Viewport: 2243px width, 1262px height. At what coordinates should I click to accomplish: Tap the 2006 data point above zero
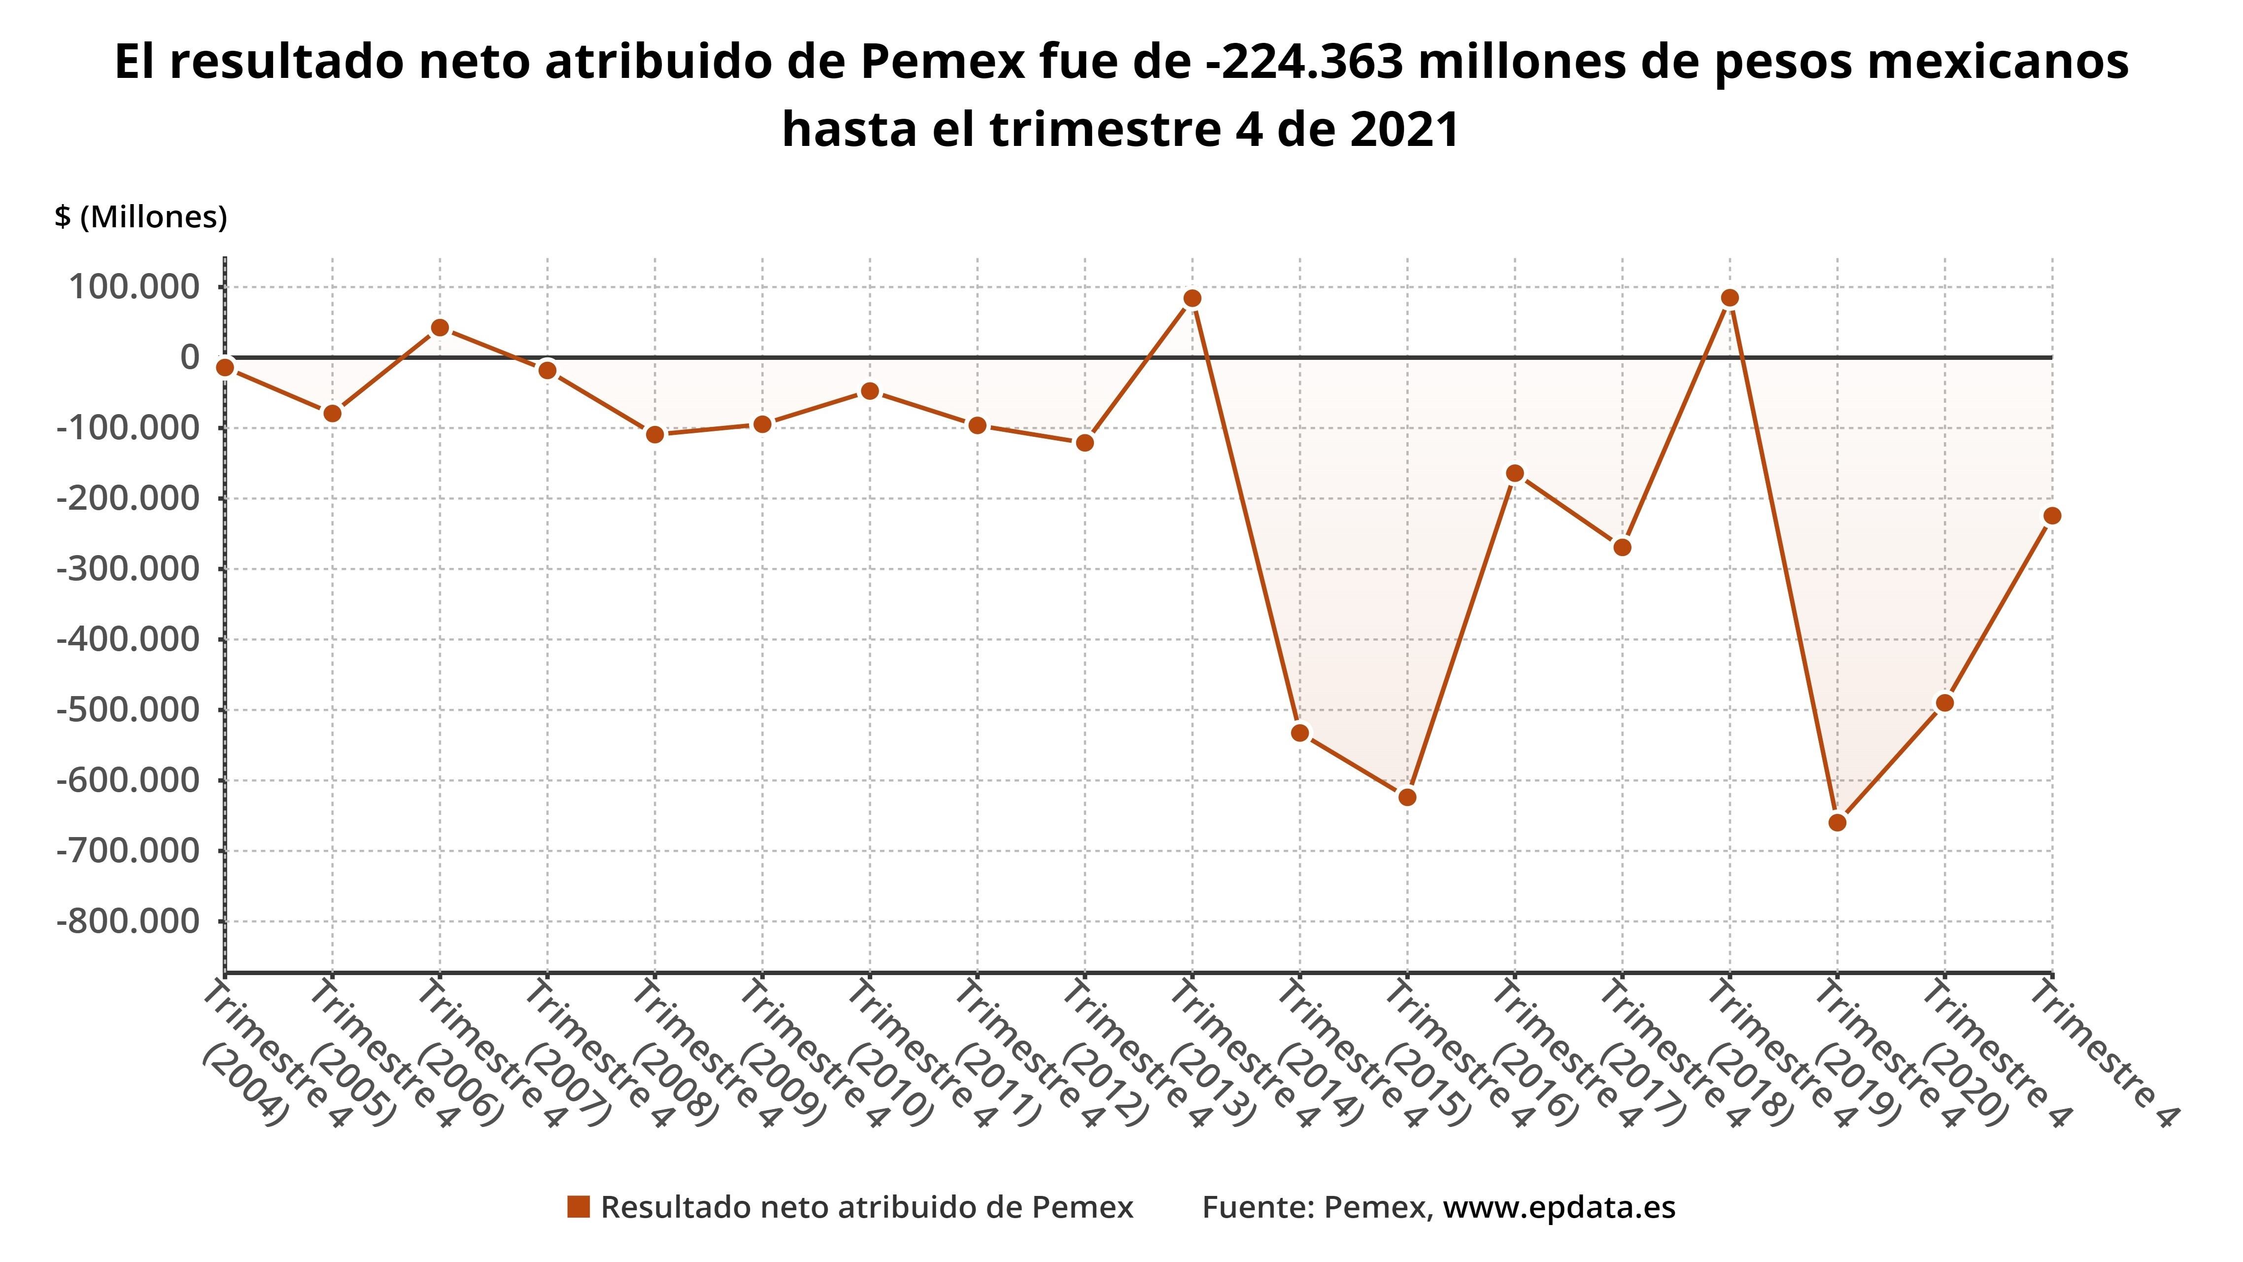tap(440, 327)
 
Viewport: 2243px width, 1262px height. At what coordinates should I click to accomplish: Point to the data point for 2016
tap(1515, 473)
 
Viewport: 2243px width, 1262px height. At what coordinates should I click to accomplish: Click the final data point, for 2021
tap(2051, 516)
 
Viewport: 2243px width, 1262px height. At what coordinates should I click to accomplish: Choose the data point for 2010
tap(870, 391)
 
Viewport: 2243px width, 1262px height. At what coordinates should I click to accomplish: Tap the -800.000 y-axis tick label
tap(128, 920)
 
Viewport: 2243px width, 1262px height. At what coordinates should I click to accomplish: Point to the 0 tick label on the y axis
tap(189, 356)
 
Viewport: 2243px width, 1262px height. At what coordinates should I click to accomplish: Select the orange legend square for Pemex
tap(578, 1207)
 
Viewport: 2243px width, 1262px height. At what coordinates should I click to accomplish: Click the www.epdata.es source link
tap(1559, 1207)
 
